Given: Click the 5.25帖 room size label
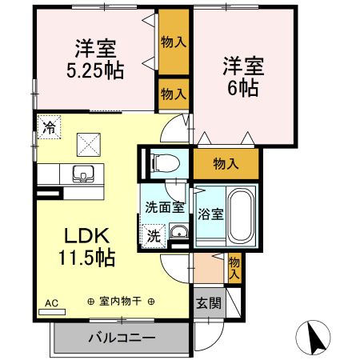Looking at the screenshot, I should tap(94, 69).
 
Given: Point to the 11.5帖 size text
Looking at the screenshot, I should tap(85, 258).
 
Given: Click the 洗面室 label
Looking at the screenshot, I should tap(164, 206).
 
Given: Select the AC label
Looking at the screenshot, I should tap(51, 303).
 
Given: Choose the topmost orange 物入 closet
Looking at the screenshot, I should tap(174, 41).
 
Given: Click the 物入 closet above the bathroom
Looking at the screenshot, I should tap(226, 164).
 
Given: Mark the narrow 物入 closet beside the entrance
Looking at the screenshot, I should tap(234, 267).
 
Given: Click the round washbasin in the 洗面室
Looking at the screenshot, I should tap(178, 234).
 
